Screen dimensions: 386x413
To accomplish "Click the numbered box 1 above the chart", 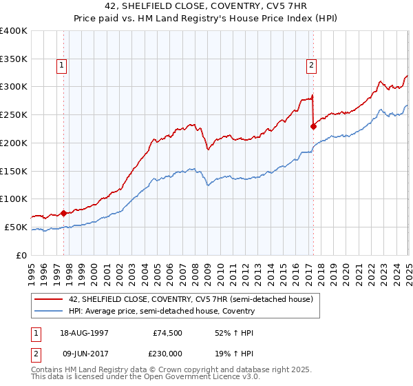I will pos(62,65).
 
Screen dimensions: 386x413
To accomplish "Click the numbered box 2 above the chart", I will pos(311,65).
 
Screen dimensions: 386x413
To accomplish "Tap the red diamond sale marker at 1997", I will pos(63,213).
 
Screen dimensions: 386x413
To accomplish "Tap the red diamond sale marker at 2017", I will pos(313,126).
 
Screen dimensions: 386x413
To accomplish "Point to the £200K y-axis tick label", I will pos(14,143).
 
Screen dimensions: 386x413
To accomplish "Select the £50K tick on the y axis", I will pos(17,227).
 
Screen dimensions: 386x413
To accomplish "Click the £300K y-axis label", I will pos(14,87).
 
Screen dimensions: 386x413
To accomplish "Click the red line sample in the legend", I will pos(47,299).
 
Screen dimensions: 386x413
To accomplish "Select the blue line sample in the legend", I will pos(47,311).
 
